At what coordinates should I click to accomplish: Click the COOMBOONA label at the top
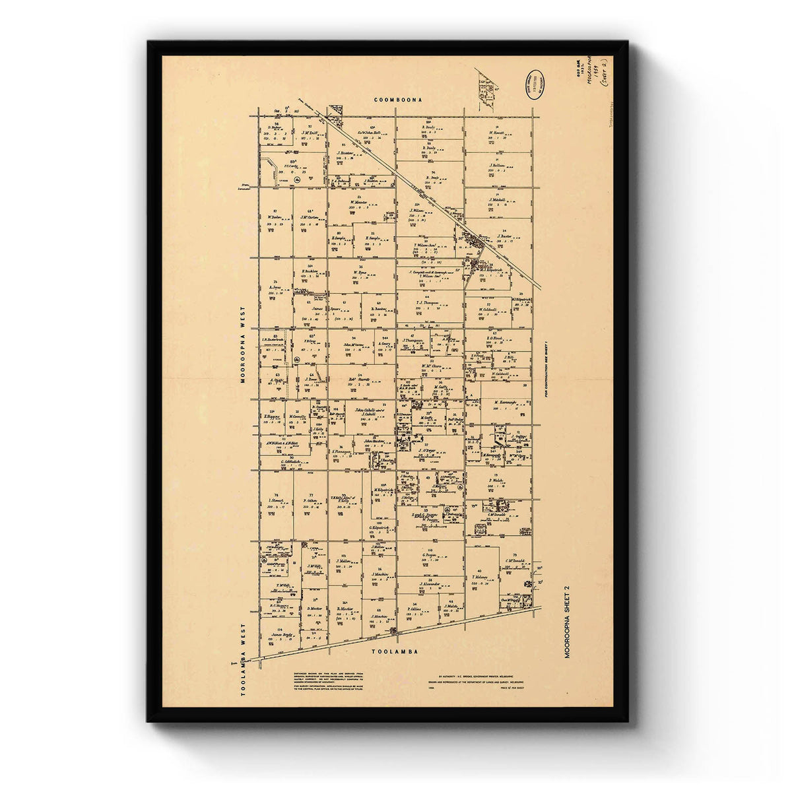[x=397, y=100]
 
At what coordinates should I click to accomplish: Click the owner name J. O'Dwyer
[x=428, y=451]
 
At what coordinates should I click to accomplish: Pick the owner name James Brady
[x=282, y=636]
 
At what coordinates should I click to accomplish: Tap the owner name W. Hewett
[x=497, y=133]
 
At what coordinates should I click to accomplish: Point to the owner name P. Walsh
[x=496, y=480]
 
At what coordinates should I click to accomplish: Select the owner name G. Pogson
[x=430, y=555]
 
